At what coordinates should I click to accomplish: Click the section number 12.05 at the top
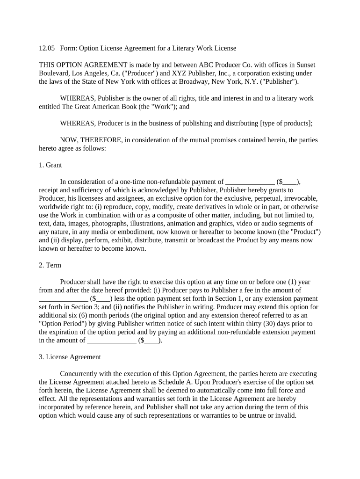click(x=47, y=48)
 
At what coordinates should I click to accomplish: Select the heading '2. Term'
click(x=50, y=265)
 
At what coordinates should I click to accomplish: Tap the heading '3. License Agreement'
click(x=70, y=357)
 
